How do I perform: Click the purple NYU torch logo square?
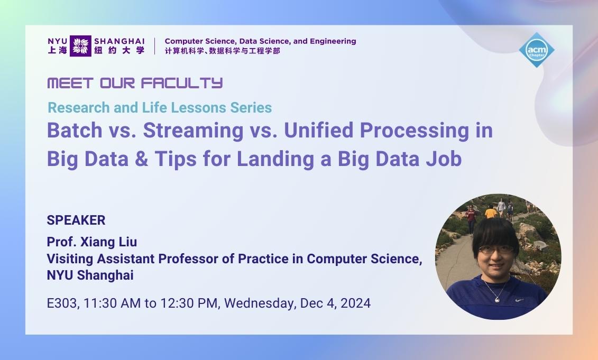click(80, 46)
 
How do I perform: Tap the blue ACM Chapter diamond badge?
click(537, 50)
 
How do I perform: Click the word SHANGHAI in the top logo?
click(119, 41)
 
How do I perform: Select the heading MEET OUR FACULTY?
click(135, 83)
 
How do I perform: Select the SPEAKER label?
click(76, 220)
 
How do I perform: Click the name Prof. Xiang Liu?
click(91, 242)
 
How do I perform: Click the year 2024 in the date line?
click(355, 303)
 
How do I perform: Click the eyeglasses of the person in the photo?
click(496, 249)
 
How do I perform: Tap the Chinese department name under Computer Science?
click(222, 51)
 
